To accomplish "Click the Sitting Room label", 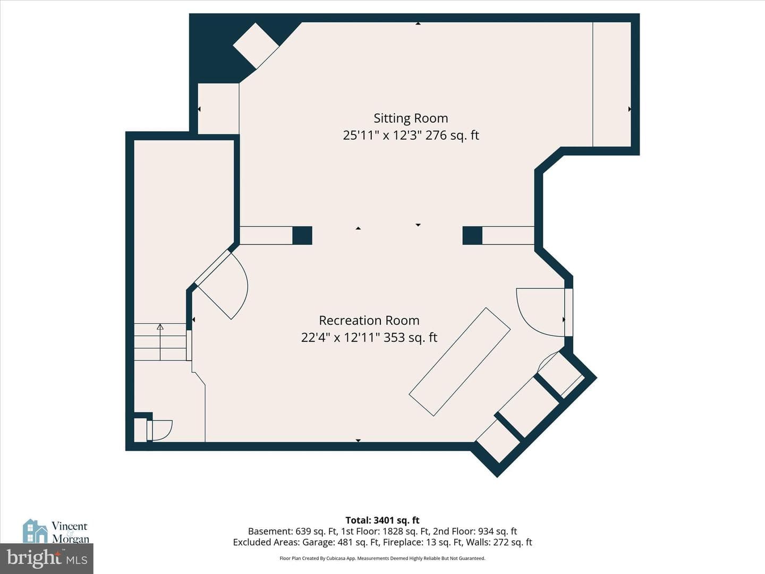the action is [x=411, y=119].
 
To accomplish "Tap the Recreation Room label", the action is [x=369, y=320].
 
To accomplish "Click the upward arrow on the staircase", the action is [x=160, y=342].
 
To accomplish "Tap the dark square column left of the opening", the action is [x=302, y=235].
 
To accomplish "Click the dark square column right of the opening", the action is [x=472, y=235].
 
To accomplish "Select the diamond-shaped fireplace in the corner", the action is [x=256, y=46].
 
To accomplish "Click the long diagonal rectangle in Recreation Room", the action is [x=460, y=362].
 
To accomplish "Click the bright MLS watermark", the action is [x=47, y=559].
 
